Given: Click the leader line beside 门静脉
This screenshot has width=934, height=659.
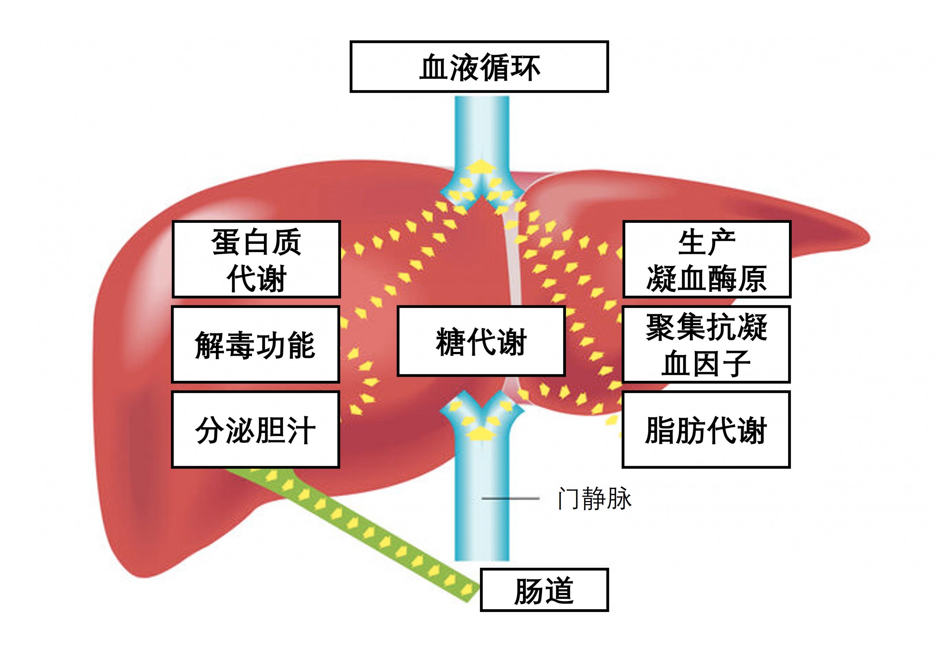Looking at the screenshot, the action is [511, 498].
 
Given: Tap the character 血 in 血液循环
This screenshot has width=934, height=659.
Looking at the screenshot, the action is [434, 67].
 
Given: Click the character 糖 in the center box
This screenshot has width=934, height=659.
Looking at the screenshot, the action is [450, 342].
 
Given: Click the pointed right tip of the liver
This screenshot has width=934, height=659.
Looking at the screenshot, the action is [869, 239].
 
